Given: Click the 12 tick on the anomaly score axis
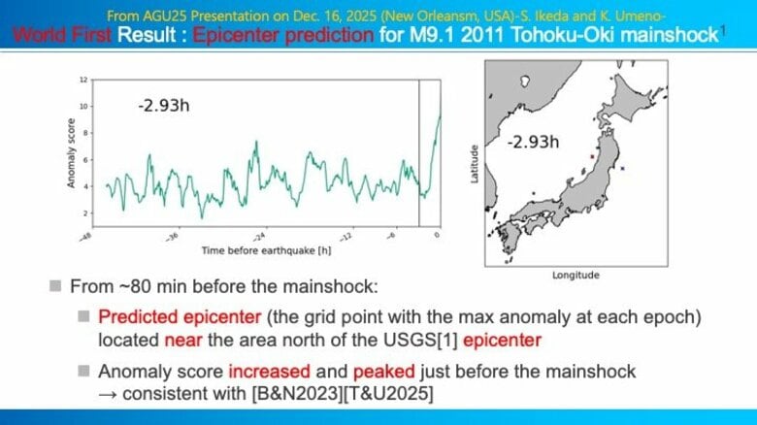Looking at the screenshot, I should click(84, 79).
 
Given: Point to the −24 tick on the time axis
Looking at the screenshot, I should click(259, 236).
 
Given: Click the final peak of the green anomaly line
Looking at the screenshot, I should click(440, 114).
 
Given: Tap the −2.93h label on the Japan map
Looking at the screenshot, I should click(533, 142).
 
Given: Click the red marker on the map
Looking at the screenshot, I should click(591, 154).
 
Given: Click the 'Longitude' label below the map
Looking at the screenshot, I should click(576, 276).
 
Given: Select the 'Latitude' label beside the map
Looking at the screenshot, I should click(473, 165).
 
